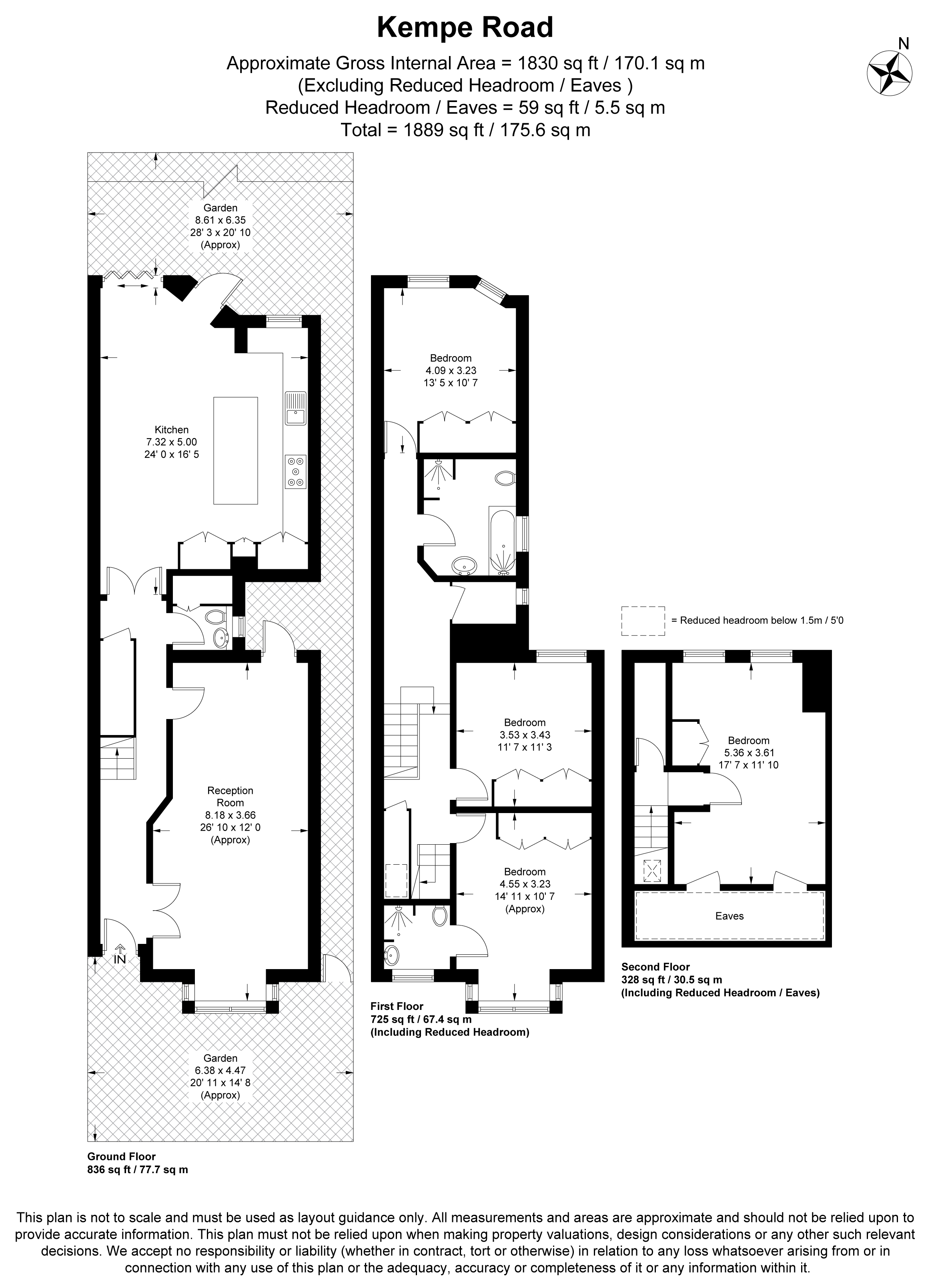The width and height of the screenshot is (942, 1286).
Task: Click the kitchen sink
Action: (x=296, y=408)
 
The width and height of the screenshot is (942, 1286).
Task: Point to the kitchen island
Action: (x=235, y=450)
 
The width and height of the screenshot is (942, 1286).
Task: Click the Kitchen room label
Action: (x=172, y=430)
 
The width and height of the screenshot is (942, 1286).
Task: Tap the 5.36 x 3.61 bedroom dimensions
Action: (x=749, y=753)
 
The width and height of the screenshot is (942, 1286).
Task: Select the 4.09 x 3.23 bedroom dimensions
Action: (x=451, y=370)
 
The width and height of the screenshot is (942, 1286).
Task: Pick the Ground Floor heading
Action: (x=122, y=1157)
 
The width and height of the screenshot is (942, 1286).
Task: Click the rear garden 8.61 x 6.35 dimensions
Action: (x=220, y=220)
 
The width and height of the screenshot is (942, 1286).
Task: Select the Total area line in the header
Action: (x=465, y=130)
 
